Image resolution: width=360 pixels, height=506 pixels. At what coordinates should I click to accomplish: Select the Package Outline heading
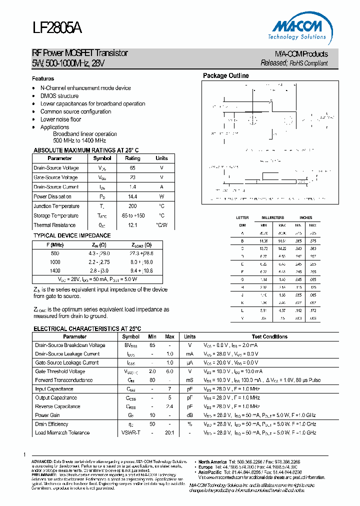(x=225, y=76)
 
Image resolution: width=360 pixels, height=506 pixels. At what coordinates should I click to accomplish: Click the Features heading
(x=43, y=78)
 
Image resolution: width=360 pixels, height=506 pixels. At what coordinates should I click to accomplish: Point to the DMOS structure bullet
(x=59, y=96)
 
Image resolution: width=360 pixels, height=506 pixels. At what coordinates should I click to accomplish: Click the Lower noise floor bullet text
(x=60, y=119)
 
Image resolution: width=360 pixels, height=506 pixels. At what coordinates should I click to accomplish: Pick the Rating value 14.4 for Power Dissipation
(x=132, y=196)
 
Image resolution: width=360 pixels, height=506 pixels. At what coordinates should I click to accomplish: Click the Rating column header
(x=132, y=158)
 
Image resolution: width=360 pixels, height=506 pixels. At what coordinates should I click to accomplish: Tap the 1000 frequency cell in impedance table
(x=55, y=262)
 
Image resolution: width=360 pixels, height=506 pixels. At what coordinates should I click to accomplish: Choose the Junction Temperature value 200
(x=132, y=206)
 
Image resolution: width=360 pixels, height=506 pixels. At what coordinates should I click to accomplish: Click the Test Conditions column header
(x=269, y=337)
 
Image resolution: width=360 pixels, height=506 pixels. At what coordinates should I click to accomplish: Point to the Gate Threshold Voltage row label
(x=60, y=371)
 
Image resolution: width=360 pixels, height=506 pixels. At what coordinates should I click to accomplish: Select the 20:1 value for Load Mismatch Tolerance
(x=169, y=432)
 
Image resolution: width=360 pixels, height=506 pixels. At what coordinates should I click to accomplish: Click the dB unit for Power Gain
(x=189, y=415)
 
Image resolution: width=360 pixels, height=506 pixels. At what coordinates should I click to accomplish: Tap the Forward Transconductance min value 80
(x=152, y=380)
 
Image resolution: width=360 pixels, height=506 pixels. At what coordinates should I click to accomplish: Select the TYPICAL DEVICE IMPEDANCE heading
(x=72, y=235)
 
